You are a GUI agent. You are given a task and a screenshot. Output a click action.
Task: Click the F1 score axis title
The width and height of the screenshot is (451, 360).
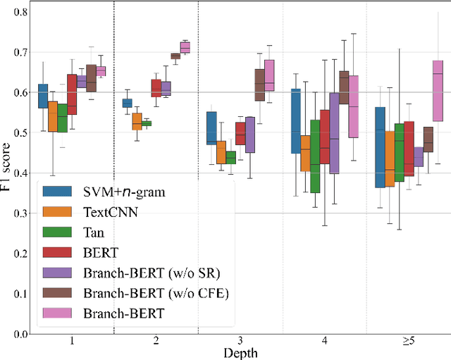6,173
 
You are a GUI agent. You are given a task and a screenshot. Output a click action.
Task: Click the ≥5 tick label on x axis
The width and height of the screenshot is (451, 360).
408,341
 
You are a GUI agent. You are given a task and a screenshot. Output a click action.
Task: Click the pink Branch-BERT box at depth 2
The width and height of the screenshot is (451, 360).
185,47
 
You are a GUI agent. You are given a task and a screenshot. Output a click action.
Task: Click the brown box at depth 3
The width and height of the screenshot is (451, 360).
259,85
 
